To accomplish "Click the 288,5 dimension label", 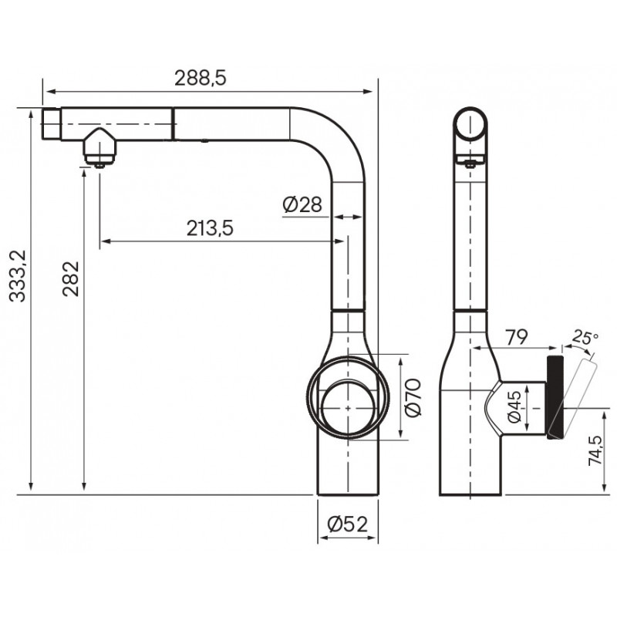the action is (x=201, y=78).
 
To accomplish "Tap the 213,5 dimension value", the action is (x=210, y=228).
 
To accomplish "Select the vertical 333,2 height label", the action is (x=18, y=276).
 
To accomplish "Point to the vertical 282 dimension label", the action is (x=71, y=278).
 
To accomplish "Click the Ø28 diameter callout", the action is (x=302, y=204).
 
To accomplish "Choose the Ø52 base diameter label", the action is (x=348, y=524).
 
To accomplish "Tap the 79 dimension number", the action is (x=516, y=337).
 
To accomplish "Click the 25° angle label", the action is (x=585, y=337).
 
